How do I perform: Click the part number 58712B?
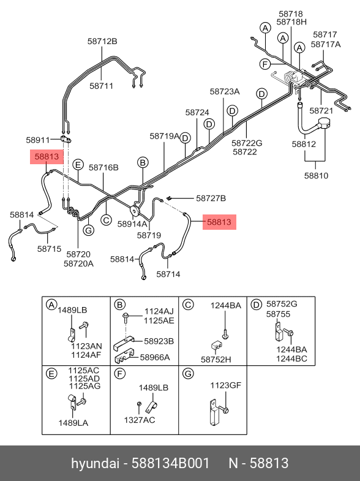coord(102,41)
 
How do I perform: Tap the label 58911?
coord(38,140)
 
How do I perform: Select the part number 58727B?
coord(211,199)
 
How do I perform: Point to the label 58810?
coord(316,175)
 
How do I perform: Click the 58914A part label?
coord(132,224)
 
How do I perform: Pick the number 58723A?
coord(225,91)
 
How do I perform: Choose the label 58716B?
coord(103,167)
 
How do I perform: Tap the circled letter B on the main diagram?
coord(143,162)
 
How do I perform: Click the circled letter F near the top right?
coord(264,64)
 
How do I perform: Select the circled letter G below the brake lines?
coord(89,230)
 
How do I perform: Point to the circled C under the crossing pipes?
coord(106,220)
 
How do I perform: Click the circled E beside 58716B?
coord(78,164)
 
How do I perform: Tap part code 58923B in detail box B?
coord(159,341)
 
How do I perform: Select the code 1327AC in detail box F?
coord(140,420)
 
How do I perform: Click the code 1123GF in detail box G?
coord(225,385)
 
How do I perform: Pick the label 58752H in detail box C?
coord(216,359)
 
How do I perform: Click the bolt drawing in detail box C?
coord(225,335)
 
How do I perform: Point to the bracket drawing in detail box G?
coord(214,412)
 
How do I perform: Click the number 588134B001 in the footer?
coord(171,463)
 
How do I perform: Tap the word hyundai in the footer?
coord(95,464)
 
